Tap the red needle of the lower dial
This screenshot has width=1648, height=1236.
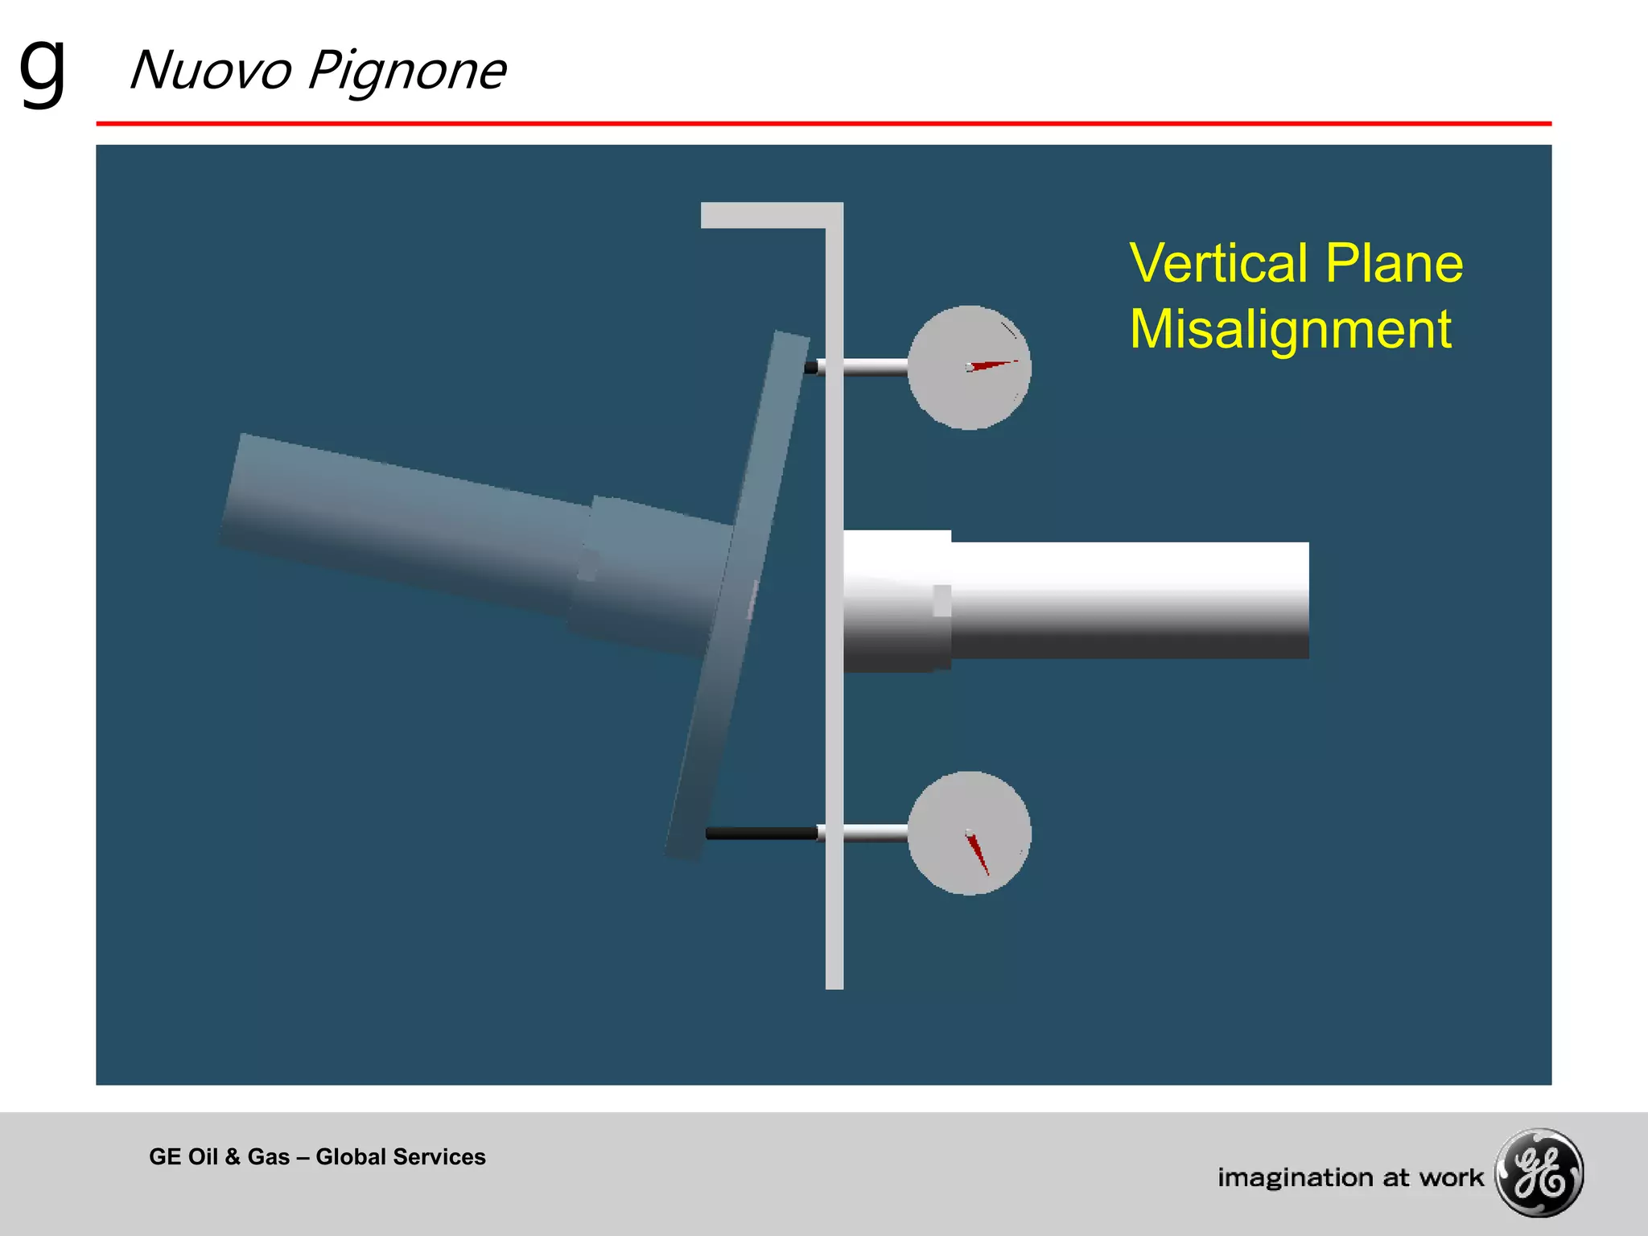[978, 854]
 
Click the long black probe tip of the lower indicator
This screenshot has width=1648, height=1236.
[760, 833]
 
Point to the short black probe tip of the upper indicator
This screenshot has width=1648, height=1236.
[811, 368]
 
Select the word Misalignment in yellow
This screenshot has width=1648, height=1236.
[1290, 329]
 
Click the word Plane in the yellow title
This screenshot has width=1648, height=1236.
[1394, 263]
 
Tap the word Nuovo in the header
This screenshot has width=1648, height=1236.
[210, 71]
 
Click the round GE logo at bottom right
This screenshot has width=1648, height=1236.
[1539, 1172]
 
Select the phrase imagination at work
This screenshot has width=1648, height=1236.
[1349, 1177]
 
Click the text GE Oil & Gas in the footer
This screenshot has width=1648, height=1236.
[219, 1156]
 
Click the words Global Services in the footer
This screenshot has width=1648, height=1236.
[401, 1156]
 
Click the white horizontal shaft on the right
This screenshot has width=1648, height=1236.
[1127, 599]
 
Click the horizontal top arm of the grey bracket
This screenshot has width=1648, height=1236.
[764, 215]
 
